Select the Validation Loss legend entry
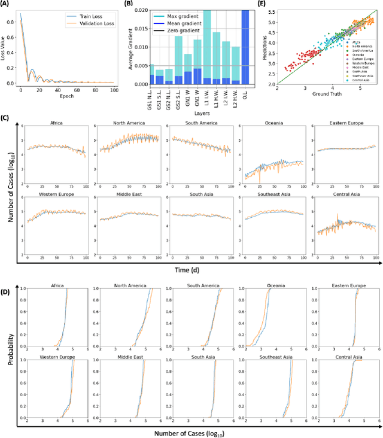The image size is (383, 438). [84, 25]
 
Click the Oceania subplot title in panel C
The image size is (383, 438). [264, 124]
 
